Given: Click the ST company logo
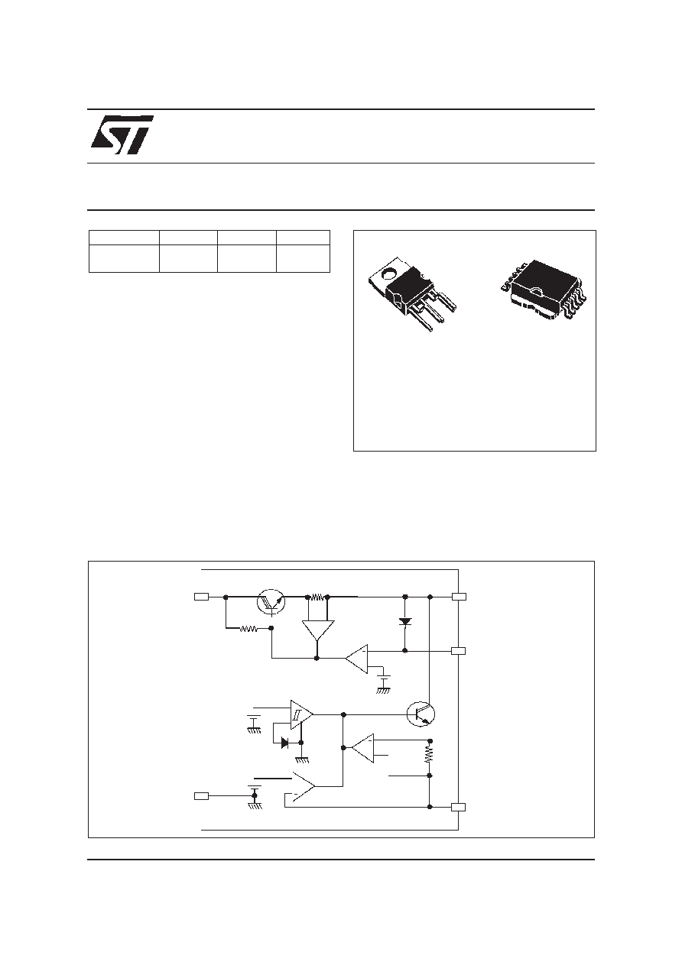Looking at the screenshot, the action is tap(122, 134).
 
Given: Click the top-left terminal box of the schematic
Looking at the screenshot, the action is tap(202, 597).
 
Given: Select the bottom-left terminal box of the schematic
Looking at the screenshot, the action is tap(201, 796).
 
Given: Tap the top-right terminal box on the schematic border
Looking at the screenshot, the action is tap(459, 597).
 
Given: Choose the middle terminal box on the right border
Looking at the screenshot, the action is tap(458, 651).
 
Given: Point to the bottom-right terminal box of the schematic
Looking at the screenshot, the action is tap(458, 808).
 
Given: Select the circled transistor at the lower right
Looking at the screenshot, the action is tap(421, 714).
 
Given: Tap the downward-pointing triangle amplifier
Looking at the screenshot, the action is tap(318, 630).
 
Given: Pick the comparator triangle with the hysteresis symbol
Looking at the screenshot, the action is tap(301, 714).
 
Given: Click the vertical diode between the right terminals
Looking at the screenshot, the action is tap(405, 622).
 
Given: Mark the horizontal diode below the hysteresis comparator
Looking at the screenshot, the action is tap(285, 743).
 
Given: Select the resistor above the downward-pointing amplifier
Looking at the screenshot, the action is tap(317, 597).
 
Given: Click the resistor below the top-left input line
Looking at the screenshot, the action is tap(248, 629).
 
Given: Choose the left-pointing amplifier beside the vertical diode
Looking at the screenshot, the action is tap(356, 659).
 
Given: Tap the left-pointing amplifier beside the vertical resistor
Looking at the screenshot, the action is tap(363, 748).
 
